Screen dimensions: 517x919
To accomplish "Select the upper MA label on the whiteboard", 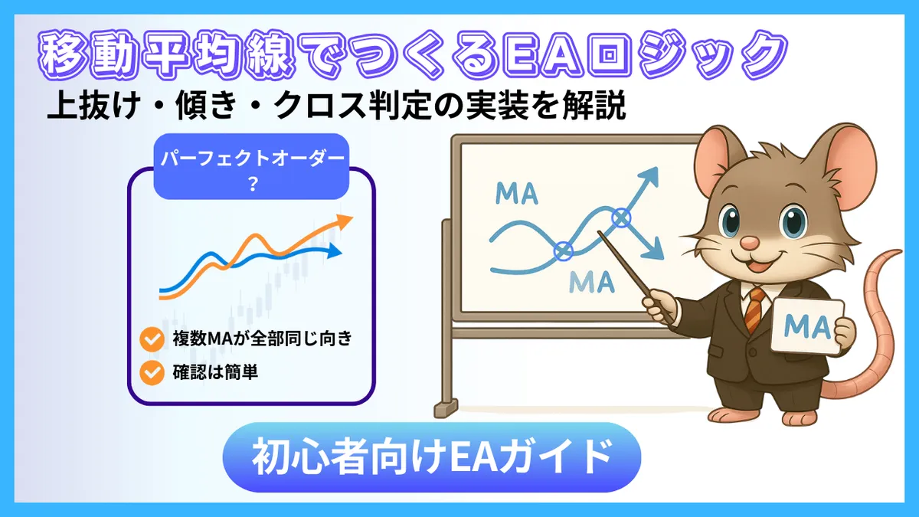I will click(x=517, y=192).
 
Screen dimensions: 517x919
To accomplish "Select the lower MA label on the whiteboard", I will click(x=592, y=282).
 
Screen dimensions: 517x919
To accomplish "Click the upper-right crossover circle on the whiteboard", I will click(x=621, y=219).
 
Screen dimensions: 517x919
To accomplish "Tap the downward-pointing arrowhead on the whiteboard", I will click(x=653, y=250).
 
